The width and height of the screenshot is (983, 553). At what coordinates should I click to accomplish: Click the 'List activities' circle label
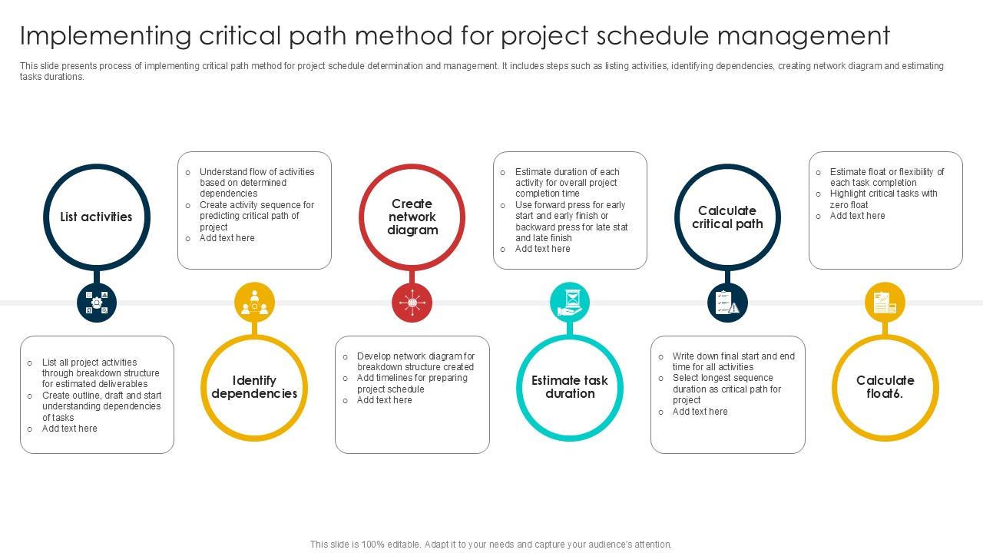coord(96,217)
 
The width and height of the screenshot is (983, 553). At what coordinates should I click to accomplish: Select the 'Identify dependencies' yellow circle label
coord(254,387)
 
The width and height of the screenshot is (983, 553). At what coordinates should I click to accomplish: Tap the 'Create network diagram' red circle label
coord(412,217)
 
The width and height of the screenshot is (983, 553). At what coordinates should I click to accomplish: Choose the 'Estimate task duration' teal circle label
coord(570,387)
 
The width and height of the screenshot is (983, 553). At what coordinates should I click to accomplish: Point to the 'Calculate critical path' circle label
coord(727,217)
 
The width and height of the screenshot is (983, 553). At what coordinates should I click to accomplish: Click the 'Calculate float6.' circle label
coord(885,387)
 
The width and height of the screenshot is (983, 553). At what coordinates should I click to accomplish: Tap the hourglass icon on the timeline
coord(570,302)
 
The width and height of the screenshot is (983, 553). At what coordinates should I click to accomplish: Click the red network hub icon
coord(412,303)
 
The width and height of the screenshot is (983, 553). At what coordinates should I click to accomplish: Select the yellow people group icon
coord(254,302)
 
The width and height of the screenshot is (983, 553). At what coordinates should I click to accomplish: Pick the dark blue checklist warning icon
coord(727,303)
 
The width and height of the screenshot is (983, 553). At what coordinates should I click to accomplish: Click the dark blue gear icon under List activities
coord(97,303)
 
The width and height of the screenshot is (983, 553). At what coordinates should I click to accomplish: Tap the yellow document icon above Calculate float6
coord(885,302)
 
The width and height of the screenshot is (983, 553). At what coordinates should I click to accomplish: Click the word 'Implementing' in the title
coord(105,36)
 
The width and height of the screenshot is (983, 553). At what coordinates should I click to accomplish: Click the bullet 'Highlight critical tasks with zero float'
coord(883,199)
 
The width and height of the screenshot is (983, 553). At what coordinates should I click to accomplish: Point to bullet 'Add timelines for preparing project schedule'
coord(412,383)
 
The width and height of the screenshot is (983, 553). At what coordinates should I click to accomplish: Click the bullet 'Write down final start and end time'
coord(733,362)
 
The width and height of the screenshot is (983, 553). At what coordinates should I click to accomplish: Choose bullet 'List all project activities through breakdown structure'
coord(101,373)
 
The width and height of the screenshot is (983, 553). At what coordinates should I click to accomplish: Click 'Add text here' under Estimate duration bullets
coord(542,249)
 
